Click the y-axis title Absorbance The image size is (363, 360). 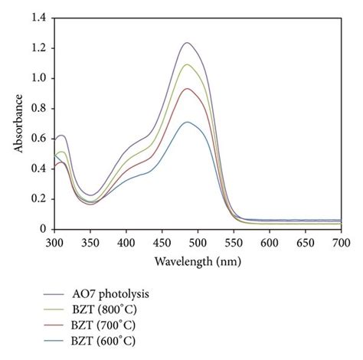pos(18,123)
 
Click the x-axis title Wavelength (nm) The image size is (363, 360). pos(197,261)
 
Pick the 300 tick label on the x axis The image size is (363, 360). pos(54,242)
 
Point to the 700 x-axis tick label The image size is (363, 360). pos(341,242)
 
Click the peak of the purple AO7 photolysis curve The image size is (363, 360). pos(186,43)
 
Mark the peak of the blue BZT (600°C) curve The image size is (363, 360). pos(186,122)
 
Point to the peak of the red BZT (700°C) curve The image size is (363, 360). pos(186,89)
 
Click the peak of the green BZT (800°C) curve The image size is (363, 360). pos(186,64)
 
